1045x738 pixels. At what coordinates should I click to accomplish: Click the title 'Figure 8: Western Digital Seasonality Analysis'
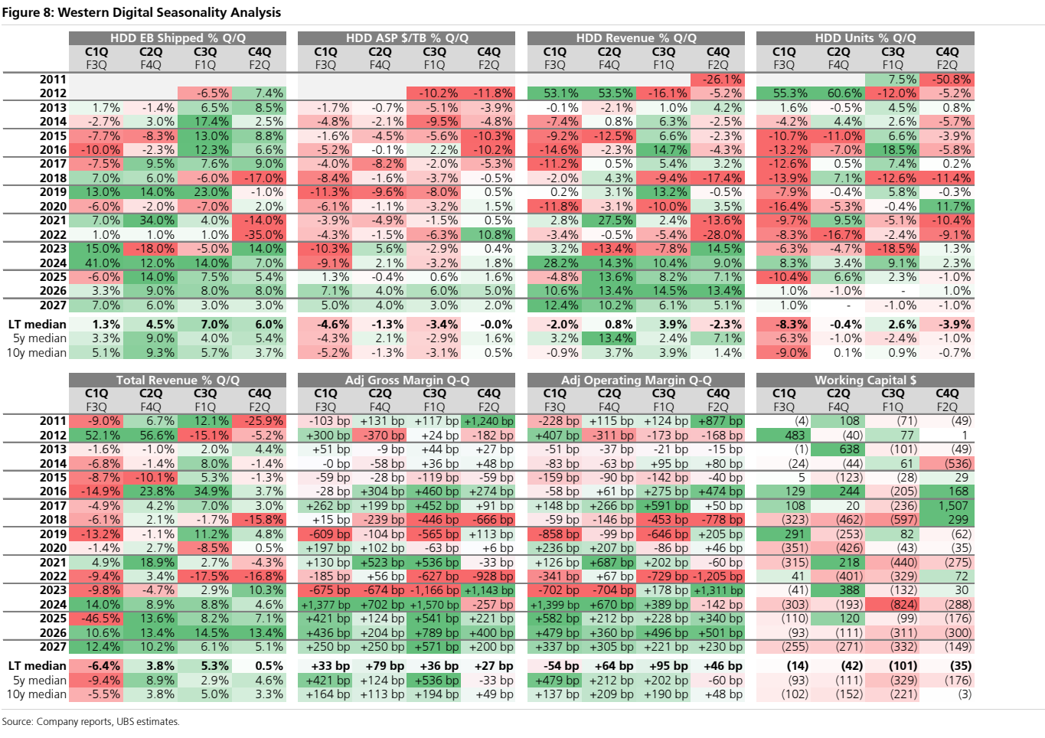pos(142,12)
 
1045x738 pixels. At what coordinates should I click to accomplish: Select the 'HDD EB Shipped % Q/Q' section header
pos(178,38)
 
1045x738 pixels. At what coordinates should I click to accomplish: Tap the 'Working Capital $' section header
pos(865,380)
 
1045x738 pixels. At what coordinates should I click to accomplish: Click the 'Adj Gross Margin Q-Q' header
pos(407,380)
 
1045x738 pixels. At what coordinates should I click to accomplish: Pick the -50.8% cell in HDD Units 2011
pos(947,80)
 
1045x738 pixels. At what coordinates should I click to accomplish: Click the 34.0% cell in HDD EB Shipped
pos(151,220)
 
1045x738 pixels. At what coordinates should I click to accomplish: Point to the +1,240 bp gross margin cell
pos(488,421)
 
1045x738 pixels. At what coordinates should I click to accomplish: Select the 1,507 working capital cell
pos(947,506)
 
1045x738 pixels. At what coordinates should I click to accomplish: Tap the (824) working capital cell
pos(893,605)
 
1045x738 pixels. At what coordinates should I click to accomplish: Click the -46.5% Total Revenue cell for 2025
pos(96,619)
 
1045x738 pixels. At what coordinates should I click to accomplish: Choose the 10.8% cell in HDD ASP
pos(488,234)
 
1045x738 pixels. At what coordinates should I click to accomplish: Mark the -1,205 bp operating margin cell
pos(717,576)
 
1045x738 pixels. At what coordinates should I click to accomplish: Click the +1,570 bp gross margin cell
pos(434,605)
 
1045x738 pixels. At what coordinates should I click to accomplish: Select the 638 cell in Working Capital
pos(838,449)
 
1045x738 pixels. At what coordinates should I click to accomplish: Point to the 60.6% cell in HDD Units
pos(838,93)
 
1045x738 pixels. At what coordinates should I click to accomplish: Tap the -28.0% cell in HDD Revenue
pos(717,234)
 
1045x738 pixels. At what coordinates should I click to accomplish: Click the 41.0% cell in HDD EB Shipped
pos(96,263)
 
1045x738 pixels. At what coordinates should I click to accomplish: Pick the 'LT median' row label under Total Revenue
pos(38,666)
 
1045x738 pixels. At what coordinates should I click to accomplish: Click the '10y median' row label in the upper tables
pos(37,353)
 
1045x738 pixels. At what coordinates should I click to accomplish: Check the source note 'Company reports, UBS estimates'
pos(108,722)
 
